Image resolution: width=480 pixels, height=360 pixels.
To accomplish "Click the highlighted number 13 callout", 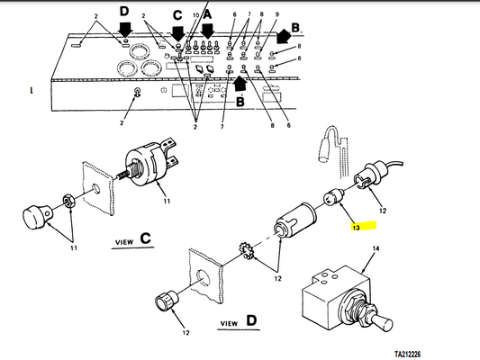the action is pos(356,228).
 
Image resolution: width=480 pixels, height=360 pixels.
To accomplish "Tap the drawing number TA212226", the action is pos(407,355).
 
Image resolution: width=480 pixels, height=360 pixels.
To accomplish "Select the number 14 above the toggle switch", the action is pos(376,248).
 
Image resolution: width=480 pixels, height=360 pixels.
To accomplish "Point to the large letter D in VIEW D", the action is pos(251,320).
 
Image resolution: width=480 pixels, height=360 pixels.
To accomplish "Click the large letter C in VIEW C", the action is pos(146,238).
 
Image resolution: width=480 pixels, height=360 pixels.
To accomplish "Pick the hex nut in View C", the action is pos(68,200).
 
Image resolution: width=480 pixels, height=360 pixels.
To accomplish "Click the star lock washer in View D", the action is pos(246,251).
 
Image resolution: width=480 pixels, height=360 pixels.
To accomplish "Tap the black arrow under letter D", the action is pos(125,30).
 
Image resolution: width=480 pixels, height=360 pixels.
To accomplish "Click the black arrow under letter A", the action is pos(207,30).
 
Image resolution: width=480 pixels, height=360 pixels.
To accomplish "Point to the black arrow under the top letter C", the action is pos(177,32).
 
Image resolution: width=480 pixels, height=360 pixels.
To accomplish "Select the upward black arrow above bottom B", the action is pos(240,83).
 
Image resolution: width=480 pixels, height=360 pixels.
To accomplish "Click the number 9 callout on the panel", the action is pos(276,14).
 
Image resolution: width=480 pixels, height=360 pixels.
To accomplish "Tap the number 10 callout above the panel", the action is pos(196,15).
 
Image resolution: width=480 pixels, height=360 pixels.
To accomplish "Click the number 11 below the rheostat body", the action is pos(167,202).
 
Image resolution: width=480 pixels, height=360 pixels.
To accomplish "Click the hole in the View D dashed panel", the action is pos(203,277).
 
